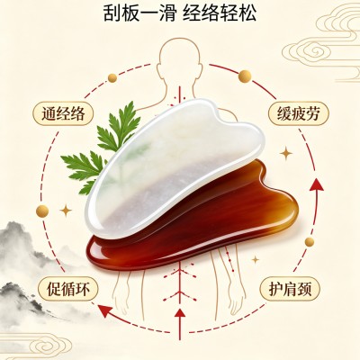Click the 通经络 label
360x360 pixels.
[63, 114]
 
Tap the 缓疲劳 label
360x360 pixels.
[299, 113]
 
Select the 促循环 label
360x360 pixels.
[68, 289]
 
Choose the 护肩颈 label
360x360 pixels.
[290, 289]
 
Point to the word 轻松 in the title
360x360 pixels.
[239, 13]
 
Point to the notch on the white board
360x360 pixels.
[222, 118]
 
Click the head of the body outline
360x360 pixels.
[179, 56]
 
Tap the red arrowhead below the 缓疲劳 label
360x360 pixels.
[316, 184]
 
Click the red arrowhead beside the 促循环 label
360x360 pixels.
[104, 310]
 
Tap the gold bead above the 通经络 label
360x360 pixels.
[112, 78]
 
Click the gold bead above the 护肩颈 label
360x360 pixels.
[309, 241]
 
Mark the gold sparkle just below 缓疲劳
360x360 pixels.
[286, 154]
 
